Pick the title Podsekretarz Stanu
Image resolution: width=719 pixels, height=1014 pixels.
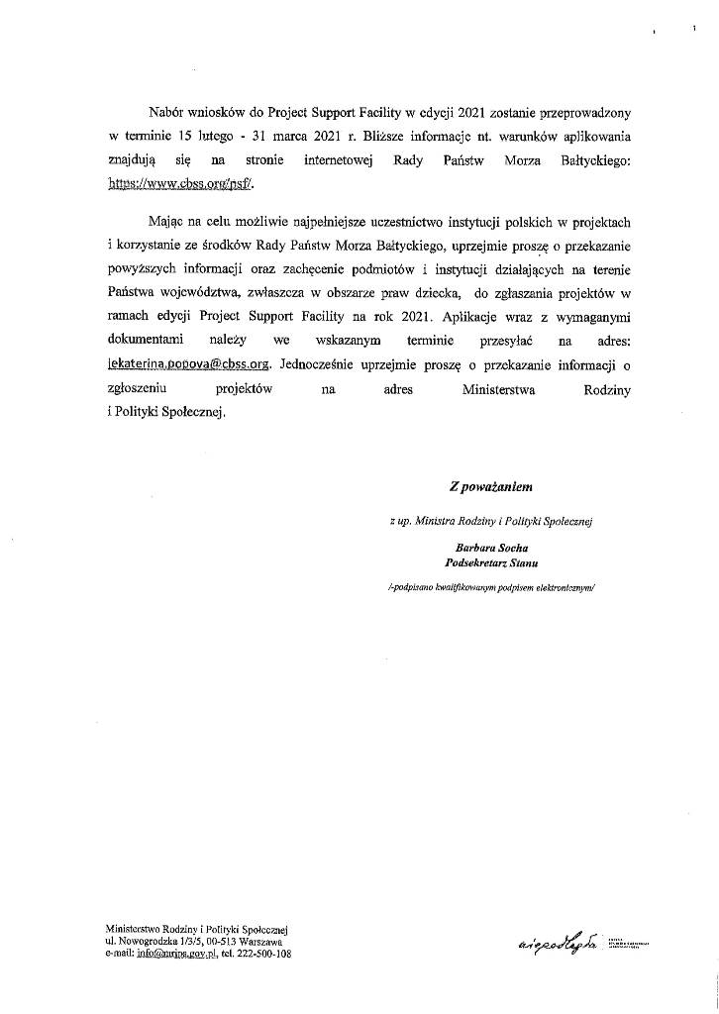coord(491,562)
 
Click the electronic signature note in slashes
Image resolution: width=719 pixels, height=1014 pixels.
coord(491,588)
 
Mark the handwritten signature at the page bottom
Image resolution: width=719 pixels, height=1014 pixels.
coord(556,946)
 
